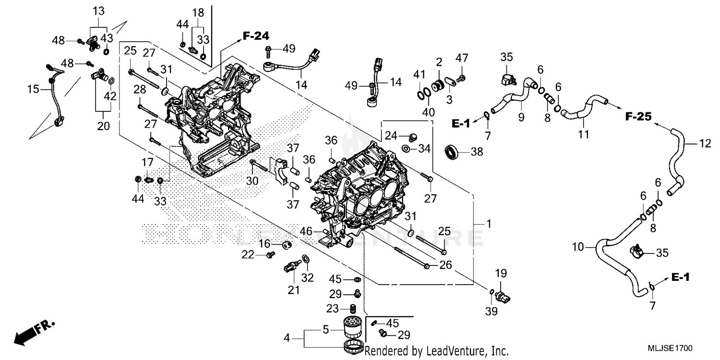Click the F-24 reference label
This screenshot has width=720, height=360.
[x=255, y=36]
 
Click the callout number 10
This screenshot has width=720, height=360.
[x=578, y=247]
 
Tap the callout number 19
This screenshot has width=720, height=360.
[x=501, y=274]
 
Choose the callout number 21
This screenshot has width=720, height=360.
[x=293, y=289]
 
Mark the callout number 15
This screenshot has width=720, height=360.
[x=33, y=89]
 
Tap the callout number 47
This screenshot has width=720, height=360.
[x=461, y=59]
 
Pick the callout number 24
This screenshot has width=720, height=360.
[x=391, y=135]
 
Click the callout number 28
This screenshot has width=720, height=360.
[x=140, y=89]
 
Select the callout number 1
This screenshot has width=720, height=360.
[x=489, y=223]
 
